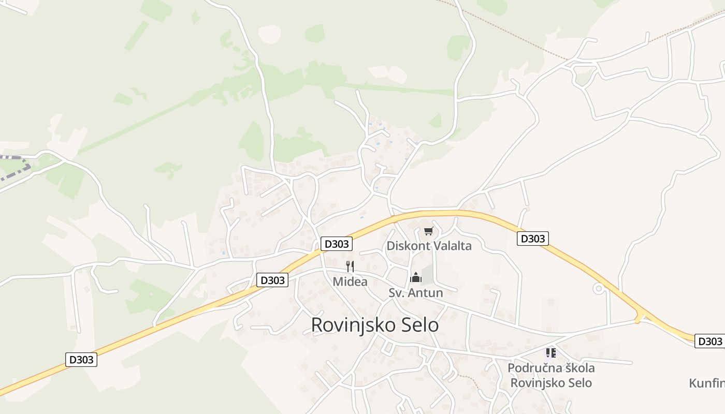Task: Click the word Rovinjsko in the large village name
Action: (x=350, y=325)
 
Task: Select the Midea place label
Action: (x=350, y=282)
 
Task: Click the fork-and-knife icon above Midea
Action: (x=351, y=267)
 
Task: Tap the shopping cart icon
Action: (x=428, y=231)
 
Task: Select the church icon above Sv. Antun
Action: (x=416, y=278)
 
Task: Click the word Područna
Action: (x=532, y=368)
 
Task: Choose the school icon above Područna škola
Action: (x=550, y=353)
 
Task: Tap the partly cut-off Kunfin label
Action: (x=707, y=383)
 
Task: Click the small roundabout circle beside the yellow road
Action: (x=600, y=289)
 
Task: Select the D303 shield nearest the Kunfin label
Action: (x=710, y=342)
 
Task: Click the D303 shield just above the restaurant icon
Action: (x=337, y=243)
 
